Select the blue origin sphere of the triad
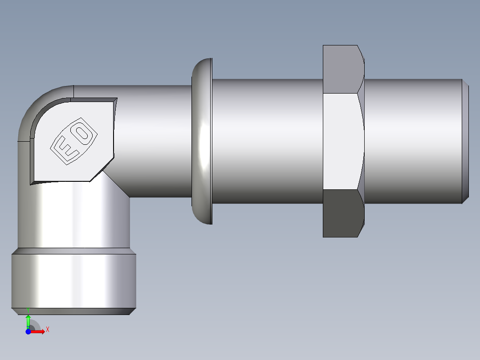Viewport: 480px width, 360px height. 28,331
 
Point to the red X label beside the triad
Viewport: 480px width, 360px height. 47,329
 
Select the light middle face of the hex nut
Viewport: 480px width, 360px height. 341,141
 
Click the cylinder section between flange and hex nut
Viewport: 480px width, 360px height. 267,141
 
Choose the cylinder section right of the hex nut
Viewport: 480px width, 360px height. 412,141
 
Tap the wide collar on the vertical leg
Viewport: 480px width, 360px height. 73,281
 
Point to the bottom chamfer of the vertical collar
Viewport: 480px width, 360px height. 73,311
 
